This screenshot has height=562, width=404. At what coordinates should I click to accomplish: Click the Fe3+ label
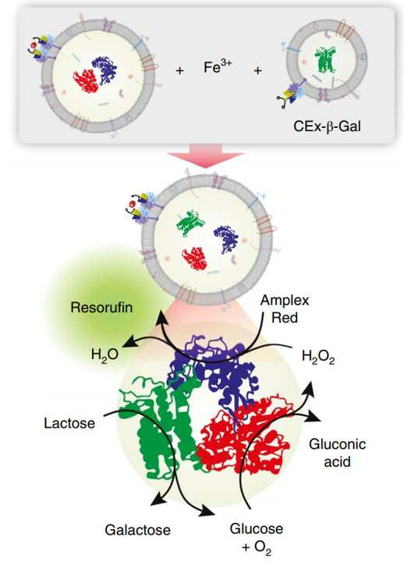tap(218, 66)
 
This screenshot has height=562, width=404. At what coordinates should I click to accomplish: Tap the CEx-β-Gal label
tap(327, 126)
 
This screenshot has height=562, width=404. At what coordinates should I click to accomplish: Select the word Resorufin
tap(101, 308)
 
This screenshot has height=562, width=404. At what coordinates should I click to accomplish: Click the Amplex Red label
tap(285, 308)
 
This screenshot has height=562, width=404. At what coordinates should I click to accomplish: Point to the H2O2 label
tap(318, 357)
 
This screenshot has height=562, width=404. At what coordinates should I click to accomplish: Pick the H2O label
tap(105, 355)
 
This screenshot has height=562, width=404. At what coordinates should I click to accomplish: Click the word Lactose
tap(69, 423)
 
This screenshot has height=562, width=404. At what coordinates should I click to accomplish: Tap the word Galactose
tap(137, 530)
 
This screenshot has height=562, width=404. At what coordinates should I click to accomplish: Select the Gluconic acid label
tap(337, 453)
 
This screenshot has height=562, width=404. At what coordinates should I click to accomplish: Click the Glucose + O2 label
tap(257, 538)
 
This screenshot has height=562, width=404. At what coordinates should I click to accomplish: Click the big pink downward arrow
tap(205, 155)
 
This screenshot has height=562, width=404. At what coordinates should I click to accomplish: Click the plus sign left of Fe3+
tap(180, 70)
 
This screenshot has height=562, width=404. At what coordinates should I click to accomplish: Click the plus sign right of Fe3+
tap(257, 70)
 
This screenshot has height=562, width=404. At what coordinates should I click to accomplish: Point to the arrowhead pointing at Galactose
tap(158, 500)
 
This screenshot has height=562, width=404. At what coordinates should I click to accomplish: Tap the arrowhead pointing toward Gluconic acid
tap(314, 416)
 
